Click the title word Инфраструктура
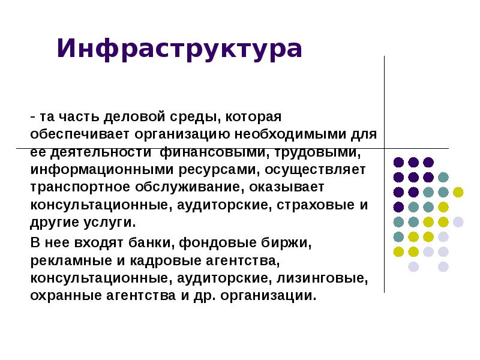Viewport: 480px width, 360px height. point(179,49)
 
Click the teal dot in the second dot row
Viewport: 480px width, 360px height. point(443,177)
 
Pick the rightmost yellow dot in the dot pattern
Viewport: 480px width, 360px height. point(458,192)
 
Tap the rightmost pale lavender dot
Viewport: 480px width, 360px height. point(458,222)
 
